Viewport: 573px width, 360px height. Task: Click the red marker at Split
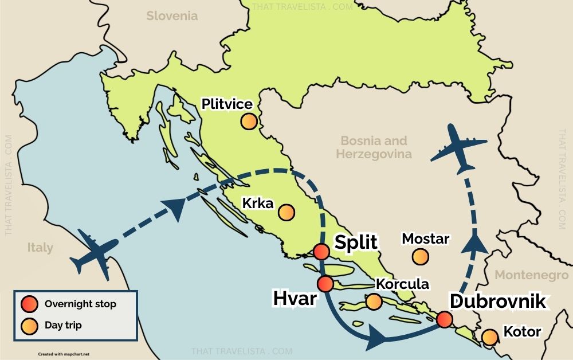(321, 252)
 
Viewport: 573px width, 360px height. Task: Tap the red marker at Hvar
(325, 283)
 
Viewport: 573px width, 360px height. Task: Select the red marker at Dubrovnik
(444, 320)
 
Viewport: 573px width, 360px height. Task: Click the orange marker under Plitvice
(248, 122)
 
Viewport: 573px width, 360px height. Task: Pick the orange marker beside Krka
(286, 213)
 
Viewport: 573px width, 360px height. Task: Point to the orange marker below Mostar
(421, 257)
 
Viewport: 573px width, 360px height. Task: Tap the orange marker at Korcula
(374, 302)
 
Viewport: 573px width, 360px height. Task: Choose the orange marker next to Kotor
(489, 337)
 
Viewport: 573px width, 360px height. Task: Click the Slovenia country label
(172, 16)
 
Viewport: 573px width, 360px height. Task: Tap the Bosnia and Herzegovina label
(374, 147)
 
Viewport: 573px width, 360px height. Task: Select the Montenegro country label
(531, 275)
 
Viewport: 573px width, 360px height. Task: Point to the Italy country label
(40, 248)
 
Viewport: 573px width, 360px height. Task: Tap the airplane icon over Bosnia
(458, 148)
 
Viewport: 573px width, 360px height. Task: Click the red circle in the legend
(29, 304)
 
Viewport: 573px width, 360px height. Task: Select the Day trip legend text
(63, 326)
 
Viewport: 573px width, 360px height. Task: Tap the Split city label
(356, 242)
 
